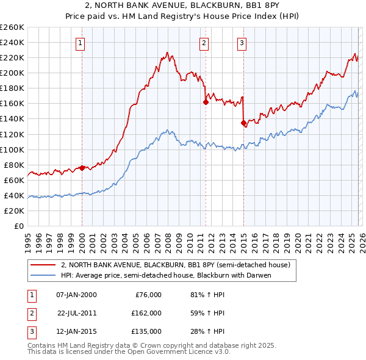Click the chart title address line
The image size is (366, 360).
pyautogui.click(x=183, y=6)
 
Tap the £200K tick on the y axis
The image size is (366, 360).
pyautogui.click(x=12, y=73)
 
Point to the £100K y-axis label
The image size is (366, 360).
pyautogui.click(x=12, y=149)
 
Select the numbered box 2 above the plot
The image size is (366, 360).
pyautogui.click(x=204, y=43)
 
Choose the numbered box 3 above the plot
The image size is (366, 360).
pyautogui.click(x=242, y=43)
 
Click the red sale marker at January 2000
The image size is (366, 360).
pyautogui.click(x=82, y=168)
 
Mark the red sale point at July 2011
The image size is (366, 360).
pyautogui.click(x=206, y=102)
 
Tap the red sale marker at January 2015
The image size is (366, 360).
pyautogui.click(x=243, y=123)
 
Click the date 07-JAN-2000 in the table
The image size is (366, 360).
pyautogui.click(x=76, y=295)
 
